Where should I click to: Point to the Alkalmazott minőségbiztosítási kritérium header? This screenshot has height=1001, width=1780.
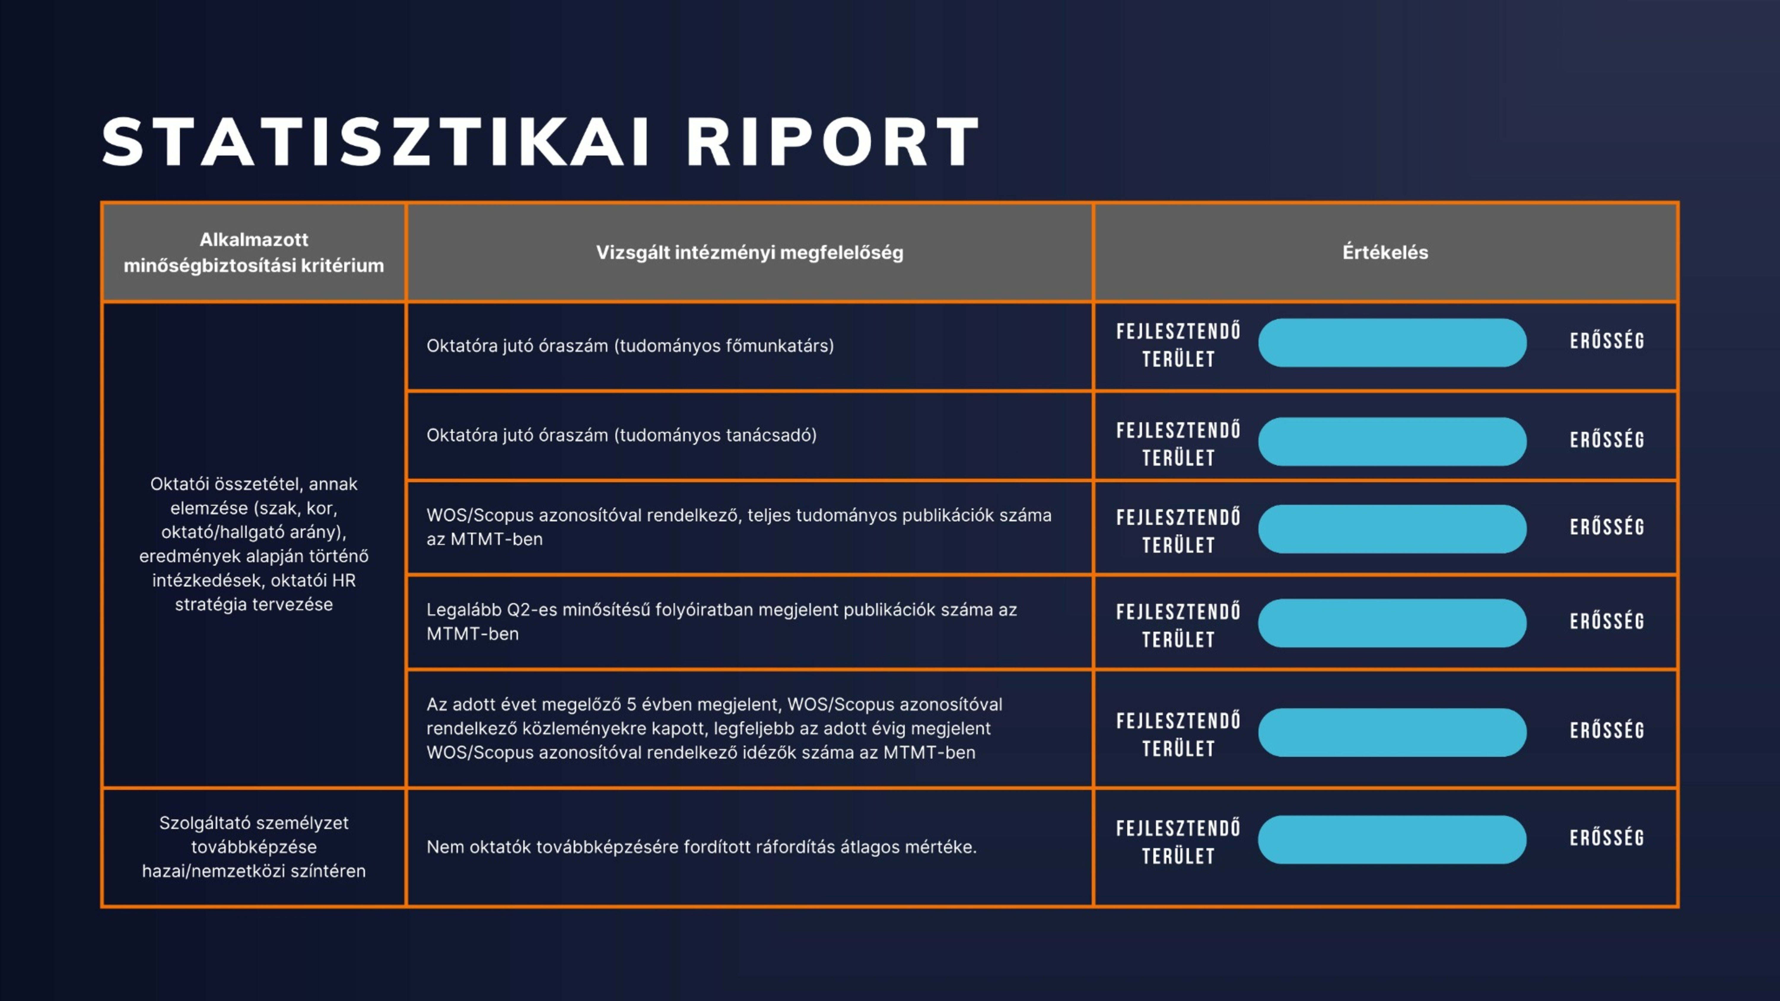[254, 252]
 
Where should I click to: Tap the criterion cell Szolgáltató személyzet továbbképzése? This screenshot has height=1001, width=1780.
[254, 847]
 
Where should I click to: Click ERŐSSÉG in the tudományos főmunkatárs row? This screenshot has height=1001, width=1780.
[1606, 341]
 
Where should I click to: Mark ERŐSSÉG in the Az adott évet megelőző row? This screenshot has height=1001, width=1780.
[1606, 730]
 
